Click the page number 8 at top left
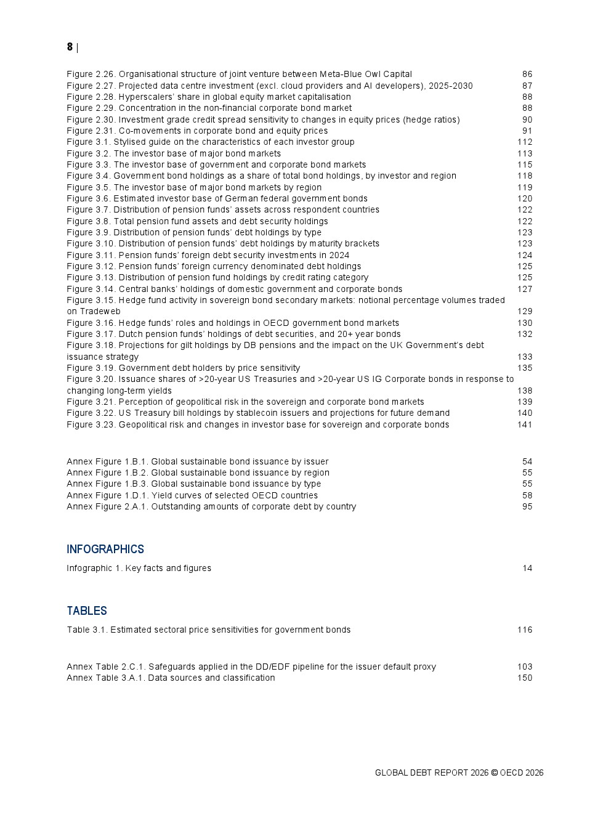[x=70, y=47]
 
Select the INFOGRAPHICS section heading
[x=105, y=549]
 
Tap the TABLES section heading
[x=87, y=611]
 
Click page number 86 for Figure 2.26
[x=527, y=75]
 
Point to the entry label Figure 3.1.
[x=89, y=142]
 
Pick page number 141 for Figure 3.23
[x=525, y=425]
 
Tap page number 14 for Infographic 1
[x=527, y=569]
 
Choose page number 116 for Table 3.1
[x=525, y=630]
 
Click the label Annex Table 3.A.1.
[x=106, y=678]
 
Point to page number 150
[x=525, y=678]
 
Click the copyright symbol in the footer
[x=494, y=773]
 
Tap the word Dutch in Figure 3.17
[x=131, y=335]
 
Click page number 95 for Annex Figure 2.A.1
[x=527, y=507]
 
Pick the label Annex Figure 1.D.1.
[x=108, y=496]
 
